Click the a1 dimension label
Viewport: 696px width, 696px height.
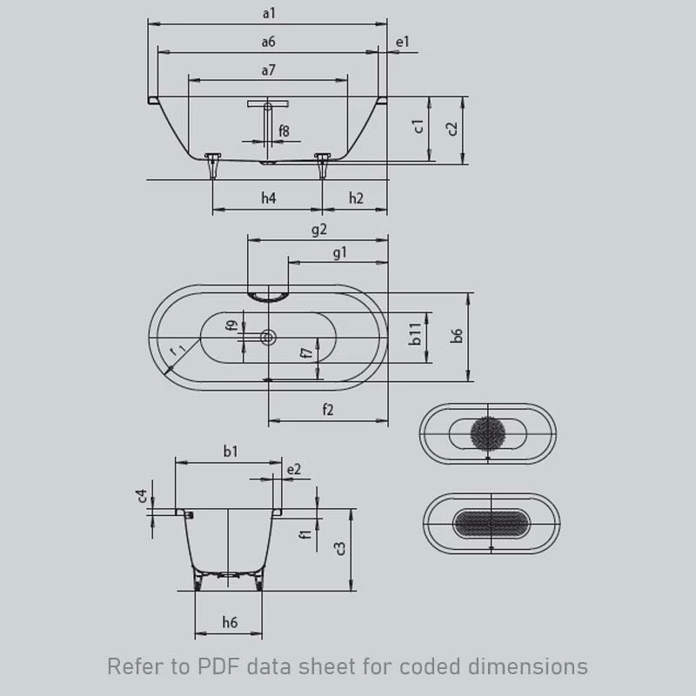click(x=269, y=13)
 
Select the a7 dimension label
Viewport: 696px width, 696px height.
click(x=269, y=70)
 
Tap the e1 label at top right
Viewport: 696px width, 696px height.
click(x=402, y=42)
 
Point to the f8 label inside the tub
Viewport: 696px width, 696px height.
click(x=284, y=131)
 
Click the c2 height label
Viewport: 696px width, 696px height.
click(x=452, y=128)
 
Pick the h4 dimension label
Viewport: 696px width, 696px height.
click(x=269, y=198)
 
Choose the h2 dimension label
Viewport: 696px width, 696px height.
click(x=356, y=198)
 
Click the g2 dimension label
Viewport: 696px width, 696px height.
click(x=318, y=229)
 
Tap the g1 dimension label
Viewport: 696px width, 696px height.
click(x=339, y=252)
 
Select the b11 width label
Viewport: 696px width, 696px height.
click(x=415, y=334)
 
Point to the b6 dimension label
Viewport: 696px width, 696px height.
click(x=456, y=336)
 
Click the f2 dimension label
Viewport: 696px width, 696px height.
click(x=328, y=409)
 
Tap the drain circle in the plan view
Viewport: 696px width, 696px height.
click(x=268, y=338)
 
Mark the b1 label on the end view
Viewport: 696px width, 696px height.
click(x=231, y=452)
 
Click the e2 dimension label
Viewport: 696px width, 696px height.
click(x=294, y=469)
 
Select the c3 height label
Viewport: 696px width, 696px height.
click(x=340, y=549)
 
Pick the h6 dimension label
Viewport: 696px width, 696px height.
click(x=230, y=622)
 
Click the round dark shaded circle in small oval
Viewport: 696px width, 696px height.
click(x=487, y=433)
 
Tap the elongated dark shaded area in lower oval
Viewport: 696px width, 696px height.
click(x=491, y=524)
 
